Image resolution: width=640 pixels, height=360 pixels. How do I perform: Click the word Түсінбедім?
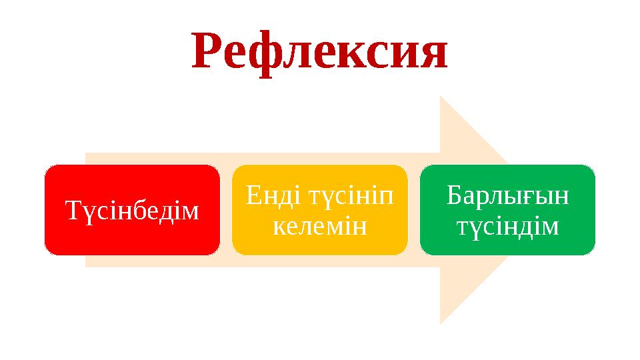point(132,210)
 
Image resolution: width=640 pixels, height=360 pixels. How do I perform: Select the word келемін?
point(319,227)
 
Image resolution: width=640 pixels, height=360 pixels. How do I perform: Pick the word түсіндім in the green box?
point(507,227)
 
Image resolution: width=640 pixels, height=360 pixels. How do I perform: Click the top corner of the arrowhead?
point(441,96)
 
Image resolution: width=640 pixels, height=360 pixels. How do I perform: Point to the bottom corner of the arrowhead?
point(441,323)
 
